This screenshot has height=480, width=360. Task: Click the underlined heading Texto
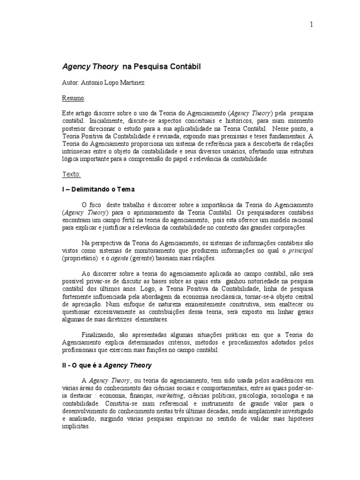click(x=72, y=174)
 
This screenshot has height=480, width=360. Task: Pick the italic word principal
click(x=300, y=250)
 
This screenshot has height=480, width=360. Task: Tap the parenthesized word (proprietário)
click(x=80, y=258)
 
